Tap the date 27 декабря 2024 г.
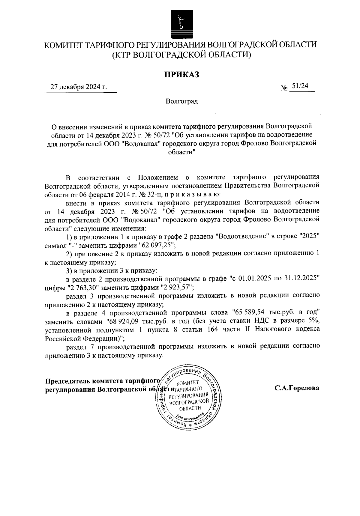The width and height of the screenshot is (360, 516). coord(79,87)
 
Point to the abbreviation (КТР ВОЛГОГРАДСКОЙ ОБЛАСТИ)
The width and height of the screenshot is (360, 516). coord(181,55)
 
